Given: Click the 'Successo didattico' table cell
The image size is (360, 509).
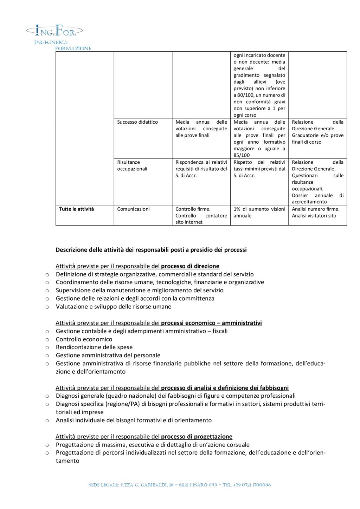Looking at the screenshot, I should coord(137,122).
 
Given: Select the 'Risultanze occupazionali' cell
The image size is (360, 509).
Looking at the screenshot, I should coord(132,165).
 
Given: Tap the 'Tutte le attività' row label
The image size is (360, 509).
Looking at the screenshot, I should coord(77,209).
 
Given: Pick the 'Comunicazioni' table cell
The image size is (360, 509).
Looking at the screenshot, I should coord(133,209).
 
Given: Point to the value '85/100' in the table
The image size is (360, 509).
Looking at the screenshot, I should coord(242,155).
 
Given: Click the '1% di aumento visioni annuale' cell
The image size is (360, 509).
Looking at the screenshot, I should coord(259,212).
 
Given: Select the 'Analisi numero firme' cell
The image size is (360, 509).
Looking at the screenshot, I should coord(316,209).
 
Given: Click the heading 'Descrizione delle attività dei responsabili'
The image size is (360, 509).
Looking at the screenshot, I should coord(151,250).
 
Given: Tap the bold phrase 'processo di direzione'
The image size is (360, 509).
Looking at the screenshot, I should coord(190,266).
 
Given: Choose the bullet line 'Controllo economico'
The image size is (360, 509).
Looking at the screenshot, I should coord(84,339).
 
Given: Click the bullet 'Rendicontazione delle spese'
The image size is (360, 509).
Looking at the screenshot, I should coord(94,347).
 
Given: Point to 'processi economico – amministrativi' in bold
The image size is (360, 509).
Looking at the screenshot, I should coord(211,323).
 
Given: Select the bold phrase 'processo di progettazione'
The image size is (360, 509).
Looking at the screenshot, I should coord(197,437).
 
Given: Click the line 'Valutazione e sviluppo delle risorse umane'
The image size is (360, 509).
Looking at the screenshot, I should coord(114,307).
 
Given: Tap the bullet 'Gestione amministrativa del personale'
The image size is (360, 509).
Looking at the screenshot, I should coord(108,355).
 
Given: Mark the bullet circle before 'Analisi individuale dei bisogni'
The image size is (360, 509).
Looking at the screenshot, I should coord(47,420).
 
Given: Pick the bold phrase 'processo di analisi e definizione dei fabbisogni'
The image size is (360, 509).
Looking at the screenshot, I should coord(225,388).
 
